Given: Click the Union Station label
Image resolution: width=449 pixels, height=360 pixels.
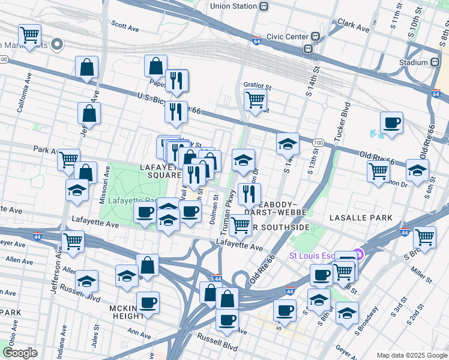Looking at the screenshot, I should click(x=233, y=6).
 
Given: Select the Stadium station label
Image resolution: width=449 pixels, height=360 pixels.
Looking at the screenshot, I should click(x=413, y=62).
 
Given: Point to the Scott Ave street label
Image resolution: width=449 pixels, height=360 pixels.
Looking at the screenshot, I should click(x=125, y=27).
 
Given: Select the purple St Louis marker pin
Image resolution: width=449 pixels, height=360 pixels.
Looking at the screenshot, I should click(x=358, y=254).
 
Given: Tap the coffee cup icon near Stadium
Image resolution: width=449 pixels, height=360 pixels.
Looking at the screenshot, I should click(x=391, y=123).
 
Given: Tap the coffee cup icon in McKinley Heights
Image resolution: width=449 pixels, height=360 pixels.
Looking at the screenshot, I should click(x=148, y=302).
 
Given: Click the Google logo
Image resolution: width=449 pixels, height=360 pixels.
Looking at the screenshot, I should click(x=20, y=353).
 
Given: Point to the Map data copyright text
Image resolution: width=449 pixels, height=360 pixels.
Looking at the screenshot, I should click(x=411, y=355).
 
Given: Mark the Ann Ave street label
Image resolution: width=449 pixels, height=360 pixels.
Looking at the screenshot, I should click(x=139, y=332).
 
